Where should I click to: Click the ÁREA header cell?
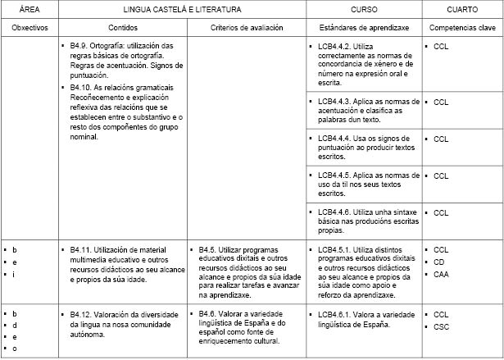point(30,9)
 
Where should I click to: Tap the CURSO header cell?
point(364,9)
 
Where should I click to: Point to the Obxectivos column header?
point(30,27)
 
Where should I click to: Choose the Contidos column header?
point(123,27)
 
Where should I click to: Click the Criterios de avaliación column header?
point(246,27)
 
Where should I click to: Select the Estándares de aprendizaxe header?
point(364,27)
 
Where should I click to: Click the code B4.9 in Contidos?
point(79,47)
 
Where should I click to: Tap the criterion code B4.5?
point(208,249)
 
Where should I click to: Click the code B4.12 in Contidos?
point(82,313)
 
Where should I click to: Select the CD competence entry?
point(439,262)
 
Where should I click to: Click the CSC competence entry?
point(441,326)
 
